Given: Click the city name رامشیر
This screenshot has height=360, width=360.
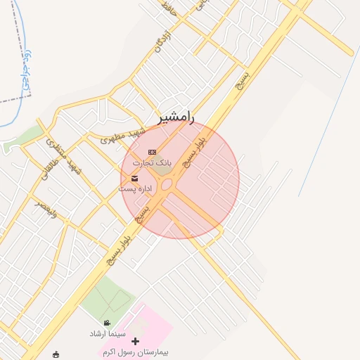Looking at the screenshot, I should tap(176, 117).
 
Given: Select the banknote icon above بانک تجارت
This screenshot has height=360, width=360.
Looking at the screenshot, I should tap(152, 152).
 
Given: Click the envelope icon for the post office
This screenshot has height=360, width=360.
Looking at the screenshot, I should tap(134, 179).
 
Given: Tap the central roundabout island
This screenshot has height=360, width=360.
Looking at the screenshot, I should tap(167, 185).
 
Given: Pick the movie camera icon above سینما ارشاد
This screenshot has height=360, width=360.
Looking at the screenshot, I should tap(107, 323).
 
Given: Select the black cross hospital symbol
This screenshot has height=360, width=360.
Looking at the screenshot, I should tap(136, 341).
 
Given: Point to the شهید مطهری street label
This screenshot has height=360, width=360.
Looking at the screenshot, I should tap(122, 135).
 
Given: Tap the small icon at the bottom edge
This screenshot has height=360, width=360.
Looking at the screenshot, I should tap(56, 354).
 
